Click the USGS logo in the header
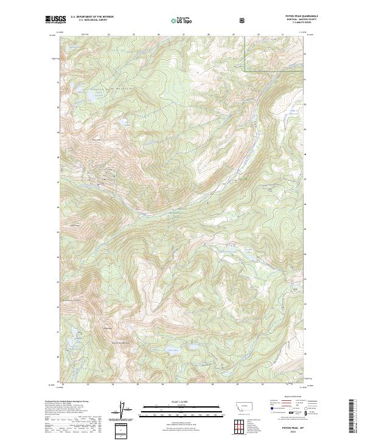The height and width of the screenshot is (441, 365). click(x=55, y=19)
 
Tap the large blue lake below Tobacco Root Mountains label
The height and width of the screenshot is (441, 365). click(x=80, y=92)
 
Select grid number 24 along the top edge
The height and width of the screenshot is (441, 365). click(x=108, y=34)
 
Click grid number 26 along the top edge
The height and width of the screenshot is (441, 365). click(x=159, y=34)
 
